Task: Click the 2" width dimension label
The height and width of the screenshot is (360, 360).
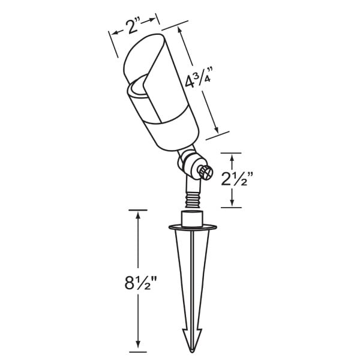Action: click(x=133, y=26)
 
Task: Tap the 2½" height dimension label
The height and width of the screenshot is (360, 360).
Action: click(x=237, y=179)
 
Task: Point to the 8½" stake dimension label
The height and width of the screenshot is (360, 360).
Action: click(x=141, y=283)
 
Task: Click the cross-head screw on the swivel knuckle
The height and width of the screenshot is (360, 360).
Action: click(x=206, y=172)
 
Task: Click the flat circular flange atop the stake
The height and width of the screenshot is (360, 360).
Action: click(x=193, y=227)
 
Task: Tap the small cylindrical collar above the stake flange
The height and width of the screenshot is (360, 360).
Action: click(x=192, y=218)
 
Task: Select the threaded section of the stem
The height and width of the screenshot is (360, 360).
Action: click(x=193, y=200)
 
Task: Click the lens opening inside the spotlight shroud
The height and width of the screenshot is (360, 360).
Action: click(x=138, y=88)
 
